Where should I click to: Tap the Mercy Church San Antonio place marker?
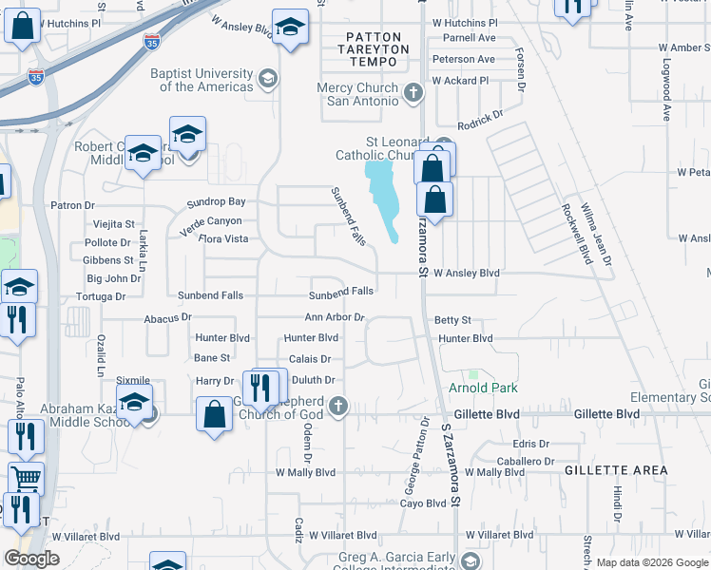click(413, 93)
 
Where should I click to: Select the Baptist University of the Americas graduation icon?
click(268, 79)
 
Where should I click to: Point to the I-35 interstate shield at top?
click(152, 41)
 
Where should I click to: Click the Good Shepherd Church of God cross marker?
click(336, 407)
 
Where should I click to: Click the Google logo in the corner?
click(31, 559)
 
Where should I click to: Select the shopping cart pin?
click(26, 479)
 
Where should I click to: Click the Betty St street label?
click(452, 321)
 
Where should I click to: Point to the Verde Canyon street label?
click(211, 220)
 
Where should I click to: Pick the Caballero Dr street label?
click(523, 461)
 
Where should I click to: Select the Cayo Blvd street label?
click(423, 503)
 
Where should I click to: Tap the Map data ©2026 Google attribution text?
click(652, 562)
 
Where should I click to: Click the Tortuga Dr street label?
click(106, 296)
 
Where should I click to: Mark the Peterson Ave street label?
click(463, 59)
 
